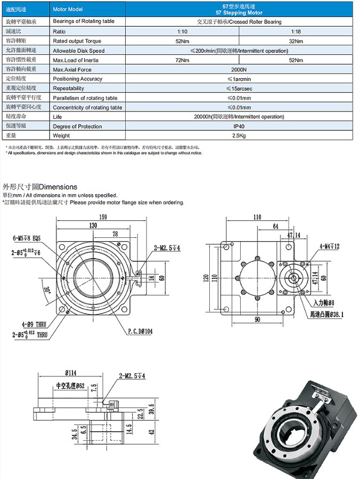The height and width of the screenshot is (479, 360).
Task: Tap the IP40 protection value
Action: [x=239, y=126]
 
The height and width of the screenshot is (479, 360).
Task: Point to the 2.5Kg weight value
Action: [x=239, y=136]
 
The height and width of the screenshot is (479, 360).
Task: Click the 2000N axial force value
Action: [x=239, y=69]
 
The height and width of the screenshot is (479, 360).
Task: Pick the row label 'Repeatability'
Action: [x=69, y=88]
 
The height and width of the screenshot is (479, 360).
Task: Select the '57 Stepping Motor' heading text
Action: [x=239, y=12]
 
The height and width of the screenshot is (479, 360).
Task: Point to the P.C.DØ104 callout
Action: [x=140, y=331]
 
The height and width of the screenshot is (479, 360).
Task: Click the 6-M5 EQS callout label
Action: [x=26, y=237]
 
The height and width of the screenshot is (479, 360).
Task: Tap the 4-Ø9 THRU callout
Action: [x=34, y=324]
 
